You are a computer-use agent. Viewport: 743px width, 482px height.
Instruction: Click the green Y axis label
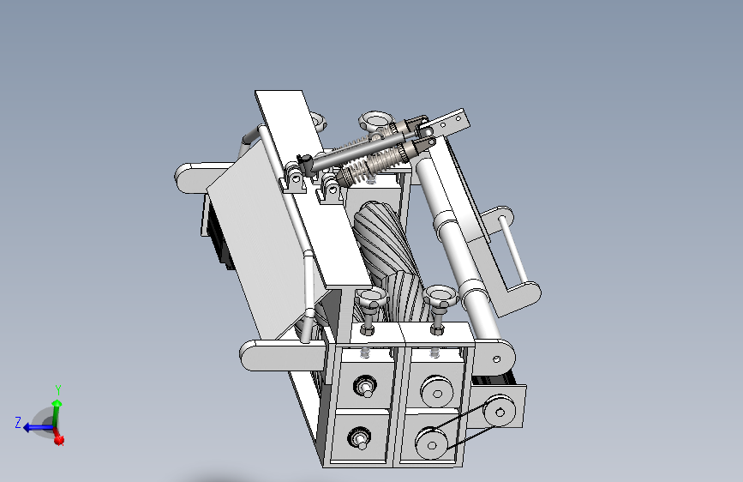[58, 390]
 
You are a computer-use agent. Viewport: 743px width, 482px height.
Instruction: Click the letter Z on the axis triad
[18, 423]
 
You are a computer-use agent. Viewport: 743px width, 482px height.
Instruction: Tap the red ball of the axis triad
[59, 441]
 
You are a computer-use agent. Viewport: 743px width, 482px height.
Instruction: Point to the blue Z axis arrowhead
[28, 428]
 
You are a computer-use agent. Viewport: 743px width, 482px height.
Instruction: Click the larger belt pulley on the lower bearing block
[431, 443]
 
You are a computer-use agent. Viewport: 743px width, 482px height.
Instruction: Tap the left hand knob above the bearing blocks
[371, 298]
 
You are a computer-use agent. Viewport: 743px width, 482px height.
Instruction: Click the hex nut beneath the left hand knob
[368, 328]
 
